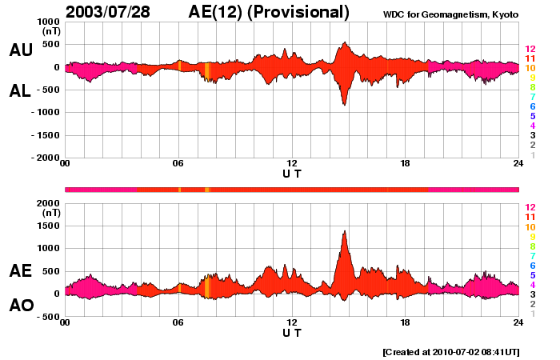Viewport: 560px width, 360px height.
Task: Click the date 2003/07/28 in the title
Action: (111, 12)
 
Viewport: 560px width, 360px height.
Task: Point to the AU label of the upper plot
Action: (21, 50)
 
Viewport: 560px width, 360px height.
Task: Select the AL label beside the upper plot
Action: (21, 91)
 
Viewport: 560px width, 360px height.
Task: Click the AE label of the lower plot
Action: (21, 271)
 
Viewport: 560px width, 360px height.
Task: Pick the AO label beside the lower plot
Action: (21, 306)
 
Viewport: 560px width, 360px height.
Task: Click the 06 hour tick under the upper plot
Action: (178, 164)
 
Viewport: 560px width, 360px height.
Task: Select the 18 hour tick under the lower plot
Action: (405, 322)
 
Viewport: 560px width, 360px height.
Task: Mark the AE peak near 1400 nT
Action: (345, 231)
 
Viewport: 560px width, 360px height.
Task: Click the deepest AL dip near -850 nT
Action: (344, 105)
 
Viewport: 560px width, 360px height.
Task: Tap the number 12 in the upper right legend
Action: (530, 49)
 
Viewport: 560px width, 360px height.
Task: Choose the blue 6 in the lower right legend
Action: (530, 265)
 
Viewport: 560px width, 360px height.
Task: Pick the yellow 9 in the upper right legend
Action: (530, 78)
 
